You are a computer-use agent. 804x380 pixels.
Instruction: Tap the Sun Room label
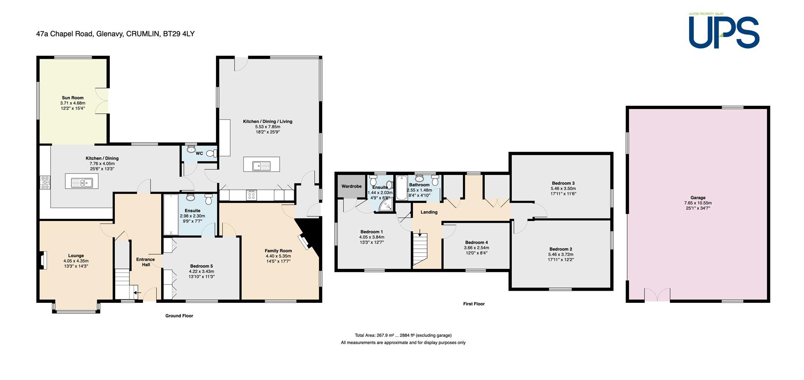[x=72, y=98]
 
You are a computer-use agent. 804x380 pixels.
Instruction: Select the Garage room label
[x=698, y=198]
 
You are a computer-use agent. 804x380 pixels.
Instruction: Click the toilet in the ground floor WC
[x=212, y=154]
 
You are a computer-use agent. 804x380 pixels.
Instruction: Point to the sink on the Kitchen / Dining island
[x=82, y=183]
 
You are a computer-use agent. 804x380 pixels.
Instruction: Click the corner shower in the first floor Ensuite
[x=386, y=204]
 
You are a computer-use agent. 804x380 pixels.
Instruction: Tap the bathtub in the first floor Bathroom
[x=401, y=187]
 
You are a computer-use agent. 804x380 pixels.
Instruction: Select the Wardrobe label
[x=351, y=186]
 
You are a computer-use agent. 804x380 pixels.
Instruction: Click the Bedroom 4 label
[x=476, y=242]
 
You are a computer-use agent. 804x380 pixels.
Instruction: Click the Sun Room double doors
[x=102, y=101]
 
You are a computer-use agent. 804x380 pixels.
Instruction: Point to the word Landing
[x=429, y=212]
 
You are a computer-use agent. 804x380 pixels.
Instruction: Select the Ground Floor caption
[x=179, y=316]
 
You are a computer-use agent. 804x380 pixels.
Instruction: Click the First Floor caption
[x=474, y=304]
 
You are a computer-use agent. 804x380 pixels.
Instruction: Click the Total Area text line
[x=403, y=335]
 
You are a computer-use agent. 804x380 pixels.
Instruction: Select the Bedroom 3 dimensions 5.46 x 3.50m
[x=563, y=189]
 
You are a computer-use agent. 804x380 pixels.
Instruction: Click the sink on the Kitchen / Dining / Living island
[x=261, y=166]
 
